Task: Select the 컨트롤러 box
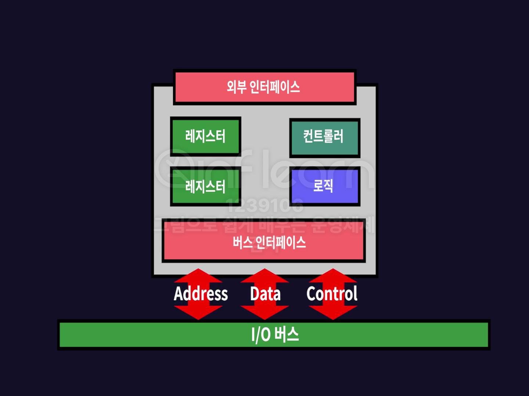[x=324, y=137]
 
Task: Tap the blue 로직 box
[x=324, y=186]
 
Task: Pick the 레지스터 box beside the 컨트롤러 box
[x=205, y=136]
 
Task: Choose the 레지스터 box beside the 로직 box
[x=205, y=186]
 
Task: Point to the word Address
[x=201, y=294]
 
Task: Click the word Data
[x=265, y=294]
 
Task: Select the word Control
[x=332, y=294]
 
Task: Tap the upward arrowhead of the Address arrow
[x=198, y=276]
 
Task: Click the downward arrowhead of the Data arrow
[x=264, y=312]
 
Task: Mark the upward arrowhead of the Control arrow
[x=333, y=276]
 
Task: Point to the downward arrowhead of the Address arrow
[x=198, y=312]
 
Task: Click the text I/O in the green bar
[x=261, y=334]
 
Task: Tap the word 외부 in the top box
[x=236, y=87]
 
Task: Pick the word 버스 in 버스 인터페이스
[x=242, y=242]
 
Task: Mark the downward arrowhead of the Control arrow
[x=333, y=312]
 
